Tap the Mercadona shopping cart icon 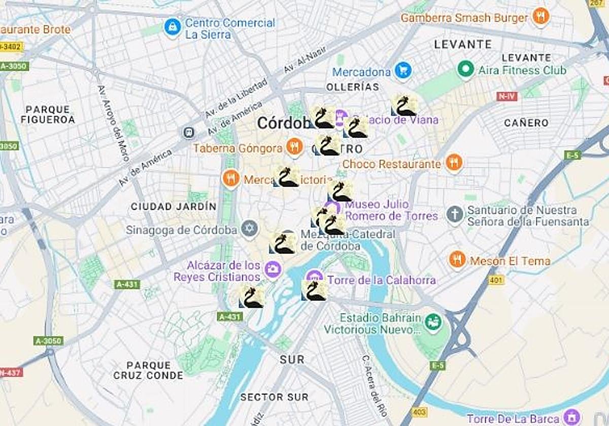click(403, 71)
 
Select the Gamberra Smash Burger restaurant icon click(542, 17)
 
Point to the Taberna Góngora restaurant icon click(294, 148)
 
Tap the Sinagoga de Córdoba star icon click(249, 229)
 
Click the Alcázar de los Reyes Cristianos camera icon click(273, 269)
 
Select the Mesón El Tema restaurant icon click(457, 260)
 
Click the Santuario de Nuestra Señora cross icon click(455, 215)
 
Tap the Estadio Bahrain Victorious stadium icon click(433, 322)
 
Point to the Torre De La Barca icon click(572, 417)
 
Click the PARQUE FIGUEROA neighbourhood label click(48, 114)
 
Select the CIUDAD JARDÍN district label click(174, 206)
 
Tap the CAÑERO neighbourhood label click(526, 123)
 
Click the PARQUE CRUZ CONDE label click(148, 370)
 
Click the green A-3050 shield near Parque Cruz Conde click(49, 341)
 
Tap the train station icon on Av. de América click(189, 133)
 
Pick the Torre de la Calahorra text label click(382, 280)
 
